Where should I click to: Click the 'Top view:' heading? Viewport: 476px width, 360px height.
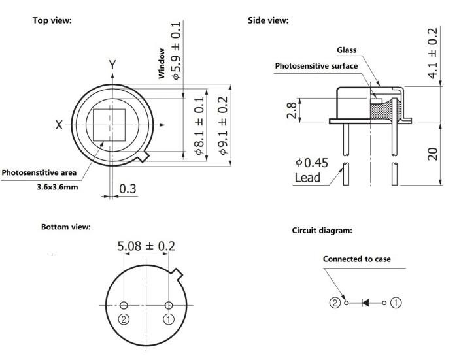(52, 20)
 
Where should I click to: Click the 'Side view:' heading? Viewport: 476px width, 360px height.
(268, 20)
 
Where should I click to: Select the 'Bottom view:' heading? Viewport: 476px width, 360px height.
(65, 227)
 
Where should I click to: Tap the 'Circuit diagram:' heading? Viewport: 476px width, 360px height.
(323, 230)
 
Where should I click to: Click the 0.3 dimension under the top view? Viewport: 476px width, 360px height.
(127, 189)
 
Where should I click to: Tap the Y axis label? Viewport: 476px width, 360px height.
(112, 65)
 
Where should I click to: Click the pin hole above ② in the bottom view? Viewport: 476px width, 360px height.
(124, 305)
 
